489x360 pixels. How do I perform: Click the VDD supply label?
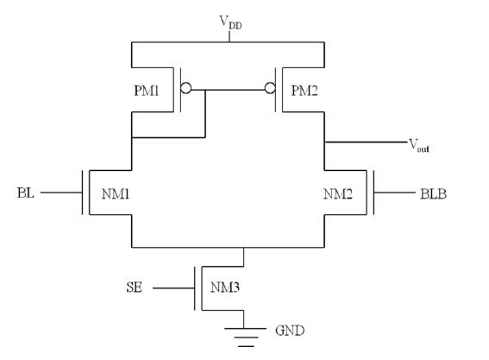point(230,22)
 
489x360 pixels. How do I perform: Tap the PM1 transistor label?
point(147,91)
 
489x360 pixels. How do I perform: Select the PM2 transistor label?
point(304,91)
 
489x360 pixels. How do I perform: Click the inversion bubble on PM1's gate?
point(186,88)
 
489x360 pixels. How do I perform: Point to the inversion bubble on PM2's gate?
point(270,88)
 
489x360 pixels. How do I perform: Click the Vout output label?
point(419,146)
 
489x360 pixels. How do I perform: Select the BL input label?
point(26,193)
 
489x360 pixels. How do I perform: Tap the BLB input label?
point(434,194)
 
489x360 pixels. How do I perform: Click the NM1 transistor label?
point(116,194)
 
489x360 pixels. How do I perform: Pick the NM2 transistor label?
point(338,194)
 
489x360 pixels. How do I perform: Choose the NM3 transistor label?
point(225,287)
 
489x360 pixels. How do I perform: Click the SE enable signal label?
point(135,287)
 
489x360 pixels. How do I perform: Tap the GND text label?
point(290,331)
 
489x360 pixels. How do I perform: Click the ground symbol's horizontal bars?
point(246,338)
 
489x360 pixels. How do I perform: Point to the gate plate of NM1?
point(82,193)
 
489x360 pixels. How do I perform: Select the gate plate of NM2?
point(373,193)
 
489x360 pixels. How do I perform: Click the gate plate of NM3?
point(195,288)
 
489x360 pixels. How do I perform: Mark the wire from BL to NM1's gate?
point(61,193)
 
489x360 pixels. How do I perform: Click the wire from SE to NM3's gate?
point(173,288)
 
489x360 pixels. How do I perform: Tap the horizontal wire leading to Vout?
point(366,142)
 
